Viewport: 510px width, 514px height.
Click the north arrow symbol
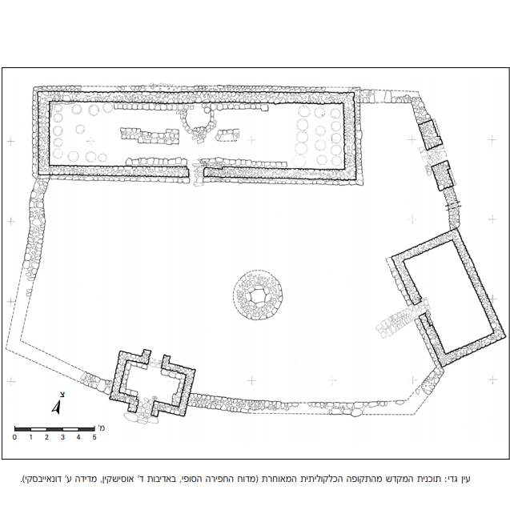click(57, 408)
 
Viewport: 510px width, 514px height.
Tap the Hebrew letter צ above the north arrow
click(62, 395)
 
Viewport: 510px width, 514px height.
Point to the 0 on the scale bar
click(14, 437)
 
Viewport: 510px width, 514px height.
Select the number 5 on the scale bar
click(94, 437)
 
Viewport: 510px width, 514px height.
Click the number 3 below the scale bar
click(62, 437)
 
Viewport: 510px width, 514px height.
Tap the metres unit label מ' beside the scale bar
click(101, 428)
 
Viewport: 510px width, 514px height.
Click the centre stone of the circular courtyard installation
click(258, 295)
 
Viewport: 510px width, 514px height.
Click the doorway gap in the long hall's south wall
click(196, 172)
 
